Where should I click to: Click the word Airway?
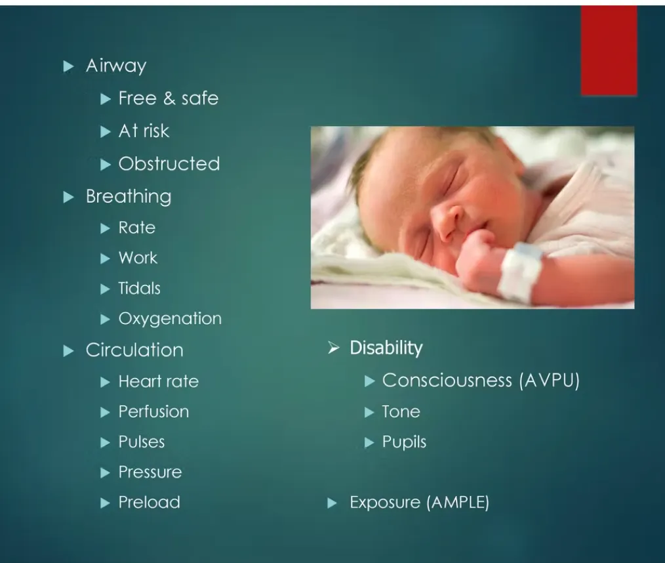116,66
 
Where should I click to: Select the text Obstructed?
169,164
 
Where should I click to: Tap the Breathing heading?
129,197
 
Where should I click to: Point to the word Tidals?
139,289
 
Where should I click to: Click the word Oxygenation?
170,319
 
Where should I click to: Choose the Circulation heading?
134,350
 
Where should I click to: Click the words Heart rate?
159,381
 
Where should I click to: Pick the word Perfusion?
153,411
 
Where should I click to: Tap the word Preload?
150,503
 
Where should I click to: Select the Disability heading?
386,348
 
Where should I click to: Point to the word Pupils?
404,442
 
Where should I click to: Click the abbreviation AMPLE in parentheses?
458,503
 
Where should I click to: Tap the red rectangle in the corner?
609,51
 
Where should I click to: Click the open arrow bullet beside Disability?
334,348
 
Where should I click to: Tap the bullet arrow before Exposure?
332,503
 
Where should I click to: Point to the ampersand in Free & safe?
169,98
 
